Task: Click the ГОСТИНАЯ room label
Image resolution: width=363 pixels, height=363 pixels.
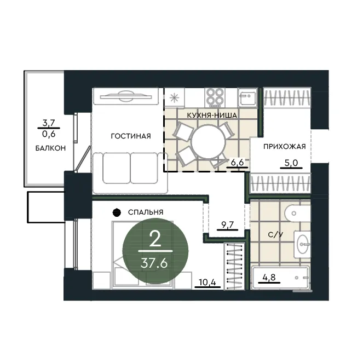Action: pyautogui.click(x=131, y=136)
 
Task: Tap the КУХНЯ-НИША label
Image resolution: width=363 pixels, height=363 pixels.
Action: pyautogui.click(x=212, y=115)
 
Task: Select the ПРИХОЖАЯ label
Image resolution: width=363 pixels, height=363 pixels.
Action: pyautogui.click(x=285, y=146)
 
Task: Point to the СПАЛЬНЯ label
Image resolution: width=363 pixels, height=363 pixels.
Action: pyautogui.click(x=146, y=212)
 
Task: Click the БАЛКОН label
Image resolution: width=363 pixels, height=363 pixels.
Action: pyautogui.click(x=50, y=148)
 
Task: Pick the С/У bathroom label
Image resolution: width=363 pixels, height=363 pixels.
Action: pyautogui.click(x=275, y=234)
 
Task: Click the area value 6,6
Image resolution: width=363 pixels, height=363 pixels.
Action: pyautogui.click(x=238, y=162)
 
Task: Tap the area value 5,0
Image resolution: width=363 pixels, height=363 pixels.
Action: pyautogui.click(x=291, y=163)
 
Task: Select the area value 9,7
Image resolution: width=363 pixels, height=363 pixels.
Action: pyautogui.click(x=228, y=224)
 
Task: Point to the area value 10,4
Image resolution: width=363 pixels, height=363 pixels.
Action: pyautogui.click(x=208, y=282)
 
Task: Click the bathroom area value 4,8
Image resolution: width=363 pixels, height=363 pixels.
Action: pyautogui.click(x=269, y=277)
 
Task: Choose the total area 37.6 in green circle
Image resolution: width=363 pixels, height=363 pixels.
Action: pyautogui.click(x=154, y=263)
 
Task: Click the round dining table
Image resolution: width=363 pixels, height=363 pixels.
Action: pyautogui.click(x=209, y=142)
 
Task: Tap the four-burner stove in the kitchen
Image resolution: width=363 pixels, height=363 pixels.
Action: pyautogui.click(x=215, y=97)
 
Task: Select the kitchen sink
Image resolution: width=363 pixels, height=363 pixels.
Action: pyautogui.click(x=247, y=97)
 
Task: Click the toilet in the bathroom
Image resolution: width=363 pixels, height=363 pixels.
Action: pyautogui.click(x=297, y=213)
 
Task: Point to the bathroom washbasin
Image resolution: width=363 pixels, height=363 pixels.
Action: pyautogui.click(x=302, y=244)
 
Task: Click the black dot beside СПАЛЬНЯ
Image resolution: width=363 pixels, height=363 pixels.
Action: pyautogui.click(x=117, y=212)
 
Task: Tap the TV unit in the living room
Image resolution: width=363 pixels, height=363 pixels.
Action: pyautogui.click(x=126, y=96)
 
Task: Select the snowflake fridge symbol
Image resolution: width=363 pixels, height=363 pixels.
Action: pyautogui.click(x=174, y=98)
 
